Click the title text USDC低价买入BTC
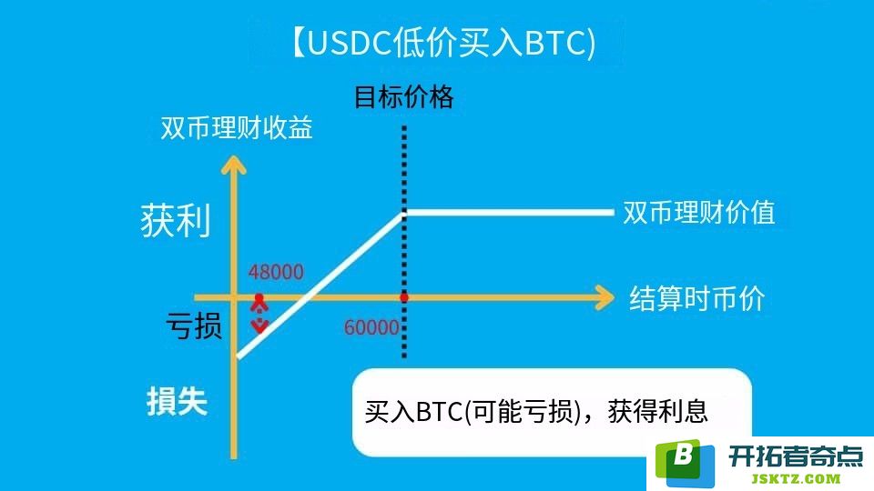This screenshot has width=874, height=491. tap(444, 43)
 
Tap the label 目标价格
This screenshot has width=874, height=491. tap(404, 97)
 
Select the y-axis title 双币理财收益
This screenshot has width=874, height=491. tap(237, 127)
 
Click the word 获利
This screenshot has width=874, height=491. tap(176, 220)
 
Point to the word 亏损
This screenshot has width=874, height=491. tap(194, 326)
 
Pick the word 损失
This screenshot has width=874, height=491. tap(177, 401)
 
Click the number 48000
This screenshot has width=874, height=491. tap(276, 272)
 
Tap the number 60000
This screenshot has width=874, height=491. tap(371, 327)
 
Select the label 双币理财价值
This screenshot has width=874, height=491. tap(699, 212)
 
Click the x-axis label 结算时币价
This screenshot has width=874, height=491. tap(696, 298)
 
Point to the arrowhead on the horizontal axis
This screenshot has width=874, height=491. tap(605, 297)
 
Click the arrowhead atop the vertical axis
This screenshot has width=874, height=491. tap(234, 165)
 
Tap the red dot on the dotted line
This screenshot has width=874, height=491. tap(404, 298)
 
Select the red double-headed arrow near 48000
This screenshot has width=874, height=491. tap(259, 314)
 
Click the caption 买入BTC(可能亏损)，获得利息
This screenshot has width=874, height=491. tap(536, 411)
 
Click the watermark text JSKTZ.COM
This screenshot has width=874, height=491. tap(796, 478)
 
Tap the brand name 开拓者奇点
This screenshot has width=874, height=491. tap(796, 456)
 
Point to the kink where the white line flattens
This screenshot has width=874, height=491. tap(404, 212)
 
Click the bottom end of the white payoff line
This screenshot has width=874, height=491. tap(238, 356)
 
